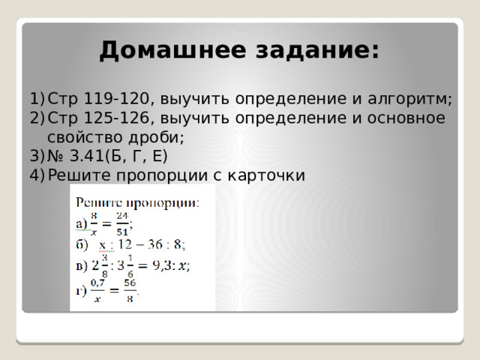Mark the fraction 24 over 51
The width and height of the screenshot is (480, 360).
[123, 223]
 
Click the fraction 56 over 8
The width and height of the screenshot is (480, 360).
[129, 291]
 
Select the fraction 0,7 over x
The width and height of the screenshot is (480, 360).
[97, 291]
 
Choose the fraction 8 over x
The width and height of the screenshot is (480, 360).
[94, 223]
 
